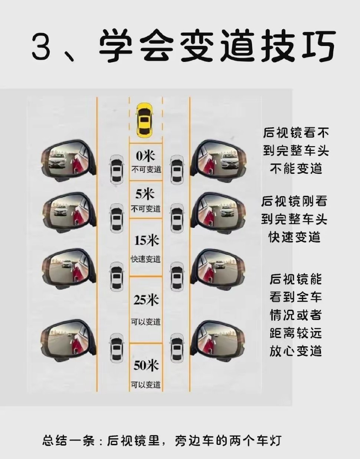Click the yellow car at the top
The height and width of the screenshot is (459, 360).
click(145, 120)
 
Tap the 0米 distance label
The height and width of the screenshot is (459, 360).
click(145, 155)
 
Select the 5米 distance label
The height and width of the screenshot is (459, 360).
click(145, 194)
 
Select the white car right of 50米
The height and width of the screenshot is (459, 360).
click(177, 348)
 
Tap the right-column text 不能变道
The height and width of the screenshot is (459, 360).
click(296, 169)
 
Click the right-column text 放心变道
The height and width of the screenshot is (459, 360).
click(296, 350)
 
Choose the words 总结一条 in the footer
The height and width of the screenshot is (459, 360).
click(68, 441)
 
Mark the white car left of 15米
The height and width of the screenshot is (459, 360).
click(117, 276)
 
